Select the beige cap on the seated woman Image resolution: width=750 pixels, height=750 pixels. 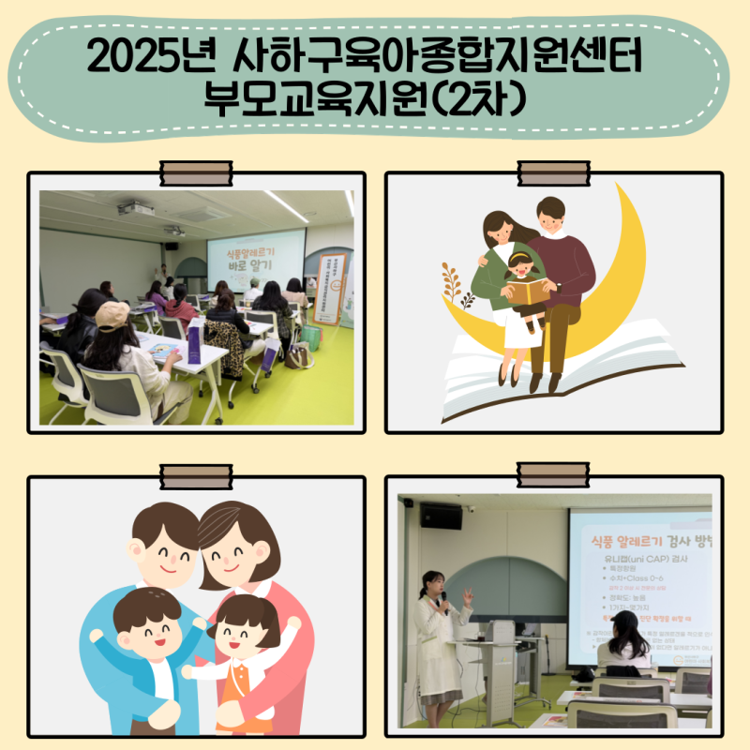[x=112, y=315]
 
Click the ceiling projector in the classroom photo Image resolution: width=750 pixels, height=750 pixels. [x=136, y=208]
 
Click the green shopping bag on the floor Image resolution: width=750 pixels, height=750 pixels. [x=310, y=336]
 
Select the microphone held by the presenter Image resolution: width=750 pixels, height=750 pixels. [x=444, y=597]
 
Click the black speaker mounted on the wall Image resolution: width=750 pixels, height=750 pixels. [x=440, y=516]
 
